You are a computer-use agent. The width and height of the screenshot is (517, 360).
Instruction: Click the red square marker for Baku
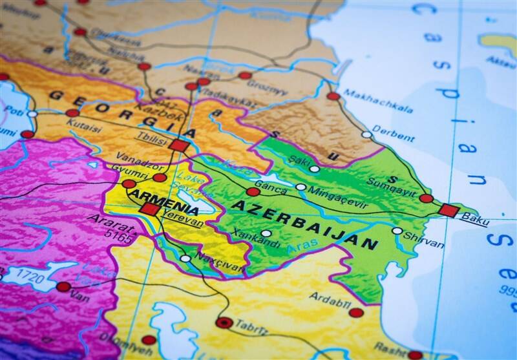448,210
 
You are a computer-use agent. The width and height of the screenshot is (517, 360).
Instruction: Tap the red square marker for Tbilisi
178,145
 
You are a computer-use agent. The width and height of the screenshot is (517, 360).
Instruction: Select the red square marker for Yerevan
149,209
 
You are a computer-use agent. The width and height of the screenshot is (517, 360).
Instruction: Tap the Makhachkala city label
378,101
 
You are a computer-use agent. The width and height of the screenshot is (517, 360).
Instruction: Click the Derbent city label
394,136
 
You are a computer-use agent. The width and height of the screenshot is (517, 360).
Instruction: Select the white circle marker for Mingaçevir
301,187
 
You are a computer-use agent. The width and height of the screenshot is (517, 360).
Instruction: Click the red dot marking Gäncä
253,192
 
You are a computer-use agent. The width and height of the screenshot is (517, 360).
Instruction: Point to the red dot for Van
63,286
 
